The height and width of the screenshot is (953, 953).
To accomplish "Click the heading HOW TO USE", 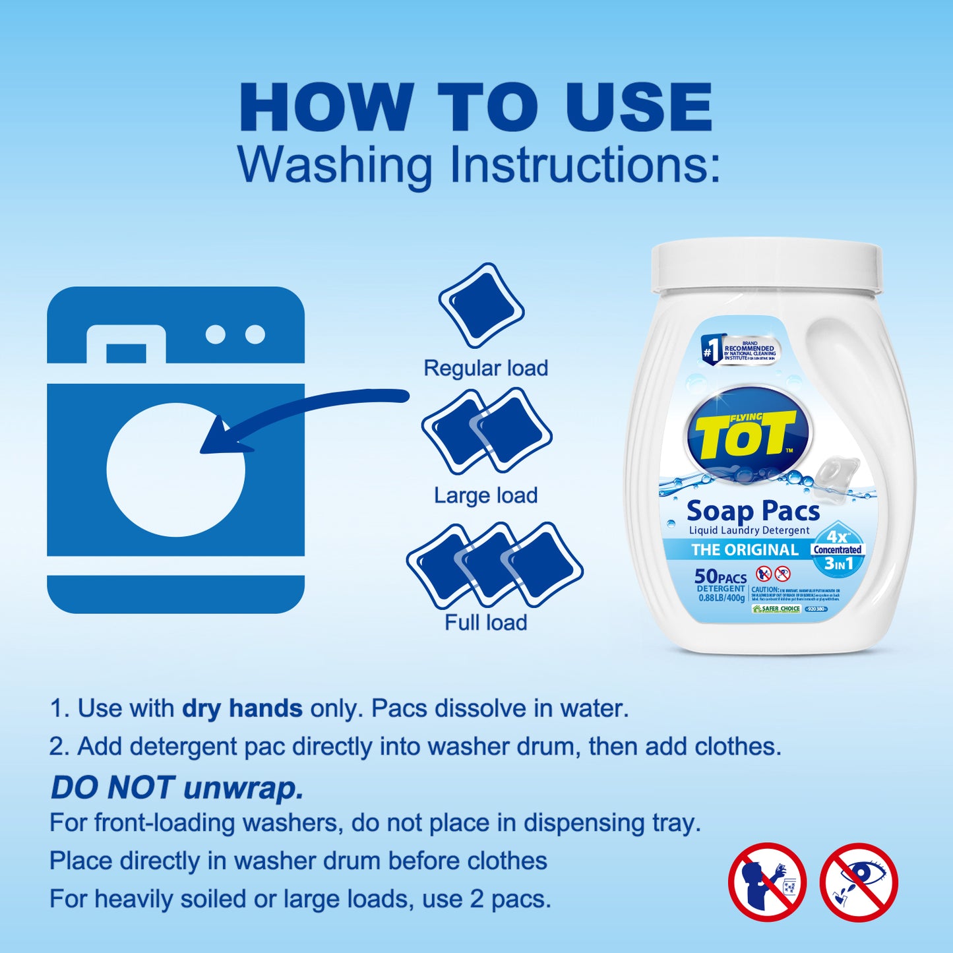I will tap(476, 108).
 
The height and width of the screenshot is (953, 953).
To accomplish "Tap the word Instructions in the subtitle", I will tap(584, 164).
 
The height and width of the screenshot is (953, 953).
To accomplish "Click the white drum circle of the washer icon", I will tap(175, 470).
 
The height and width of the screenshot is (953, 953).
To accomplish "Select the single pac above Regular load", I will tap(481, 305).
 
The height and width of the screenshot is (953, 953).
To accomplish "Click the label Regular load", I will tap(485, 368).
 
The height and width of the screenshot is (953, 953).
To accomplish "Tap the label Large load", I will tap(485, 495).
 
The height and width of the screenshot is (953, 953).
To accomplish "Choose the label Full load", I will tap(485, 623).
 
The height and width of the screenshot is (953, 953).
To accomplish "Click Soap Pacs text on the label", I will tap(753, 511).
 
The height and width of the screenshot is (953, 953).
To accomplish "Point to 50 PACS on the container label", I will tap(720, 577).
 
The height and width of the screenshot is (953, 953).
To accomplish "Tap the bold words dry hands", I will tap(242, 708).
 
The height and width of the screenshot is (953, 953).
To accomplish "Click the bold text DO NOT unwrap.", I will tap(177, 787).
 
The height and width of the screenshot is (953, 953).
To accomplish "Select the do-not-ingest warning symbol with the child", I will tap(767, 882).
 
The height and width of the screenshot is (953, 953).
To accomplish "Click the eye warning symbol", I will tap(859, 882).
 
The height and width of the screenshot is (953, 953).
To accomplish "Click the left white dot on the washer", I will tap(215, 334).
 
